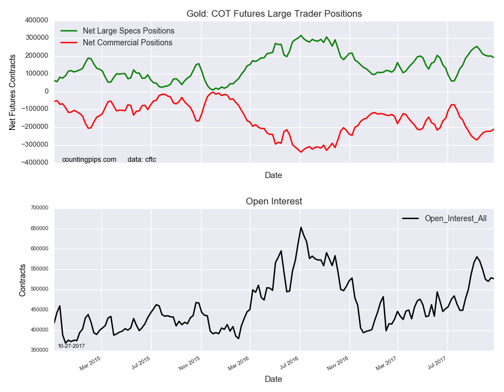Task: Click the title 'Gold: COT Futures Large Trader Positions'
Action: point(274,13)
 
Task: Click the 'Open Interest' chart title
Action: point(274,201)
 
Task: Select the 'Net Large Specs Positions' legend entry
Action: point(128,31)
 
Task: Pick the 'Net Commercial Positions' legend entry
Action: point(127,43)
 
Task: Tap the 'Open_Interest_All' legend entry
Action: point(455,218)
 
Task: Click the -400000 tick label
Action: point(34,162)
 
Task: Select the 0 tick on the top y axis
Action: point(47,91)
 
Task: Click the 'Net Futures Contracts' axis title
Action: point(12,91)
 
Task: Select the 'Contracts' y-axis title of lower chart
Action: point(22,278)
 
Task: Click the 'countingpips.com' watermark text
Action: point(89,160)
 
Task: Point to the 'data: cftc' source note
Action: point(142,160)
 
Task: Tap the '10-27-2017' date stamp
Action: point(71,346)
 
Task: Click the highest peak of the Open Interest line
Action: point(301,227)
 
